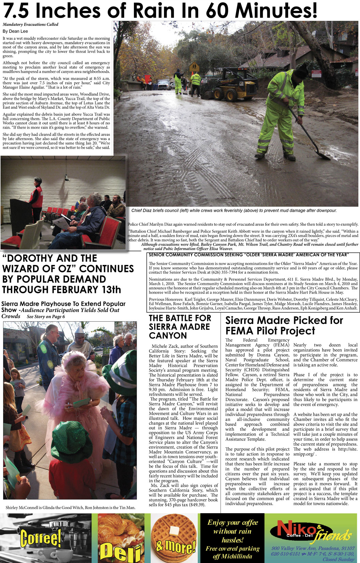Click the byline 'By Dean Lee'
[15, 31]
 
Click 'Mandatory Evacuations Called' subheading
[31, 25]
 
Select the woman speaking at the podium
[36, 197]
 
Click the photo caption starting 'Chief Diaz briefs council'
[234, 210]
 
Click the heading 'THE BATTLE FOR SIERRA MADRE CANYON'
[180, 327]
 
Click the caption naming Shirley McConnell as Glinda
[71, 508]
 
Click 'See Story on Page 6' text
[46, 316]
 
